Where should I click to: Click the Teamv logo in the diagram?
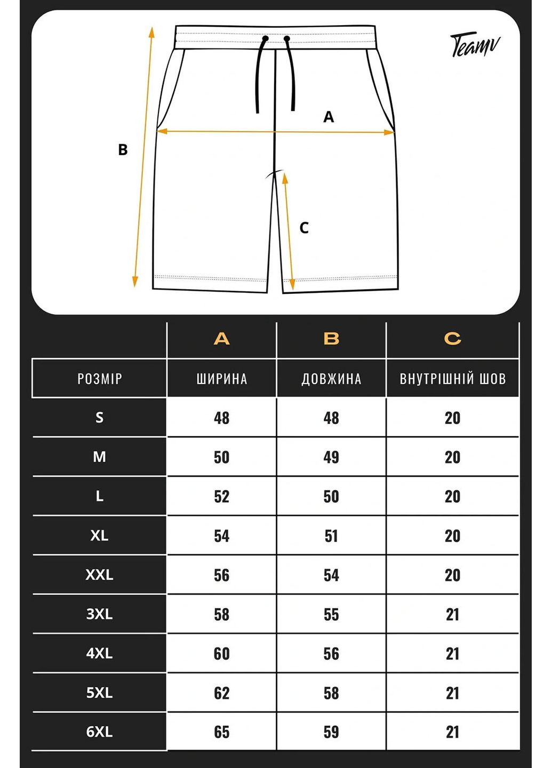point(475,45)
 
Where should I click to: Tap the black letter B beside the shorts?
point(123,150)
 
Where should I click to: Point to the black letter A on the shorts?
point(329,117)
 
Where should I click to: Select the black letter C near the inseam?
point(304,228)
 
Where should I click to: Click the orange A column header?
point(221,339)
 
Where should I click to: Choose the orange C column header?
point(452,339)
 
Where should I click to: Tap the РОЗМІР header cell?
point(100,379)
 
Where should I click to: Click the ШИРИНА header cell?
point(221,379)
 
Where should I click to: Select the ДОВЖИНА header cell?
point(331,379)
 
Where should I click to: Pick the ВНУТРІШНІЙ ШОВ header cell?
point(452,379)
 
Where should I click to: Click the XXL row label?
point(100,575)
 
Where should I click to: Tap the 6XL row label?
point(100,732)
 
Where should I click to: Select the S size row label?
point(100,418)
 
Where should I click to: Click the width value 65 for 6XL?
point(221,732)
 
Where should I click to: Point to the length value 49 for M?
point(331,457)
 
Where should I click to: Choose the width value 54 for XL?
point(221,535)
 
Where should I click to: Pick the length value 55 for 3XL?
point(331,614)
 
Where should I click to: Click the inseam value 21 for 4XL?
point(452,653)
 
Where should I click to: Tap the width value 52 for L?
point(221,497)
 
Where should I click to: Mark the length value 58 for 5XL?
point(331,693)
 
